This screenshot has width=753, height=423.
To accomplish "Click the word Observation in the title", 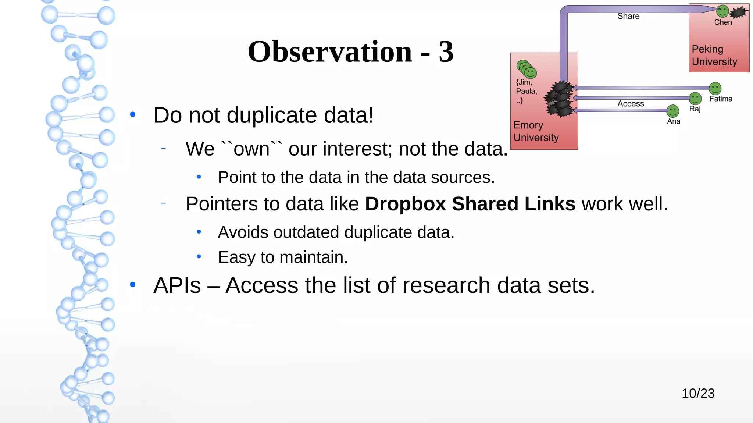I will pos(330,51).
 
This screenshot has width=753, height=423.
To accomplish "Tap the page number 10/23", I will pos(698,393).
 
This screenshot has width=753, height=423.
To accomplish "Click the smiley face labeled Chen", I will pos(722,11).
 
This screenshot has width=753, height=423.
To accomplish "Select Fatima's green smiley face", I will pos(715,88).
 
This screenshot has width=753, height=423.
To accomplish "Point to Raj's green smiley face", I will pos(695,98).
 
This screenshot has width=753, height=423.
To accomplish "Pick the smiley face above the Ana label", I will pos(673,111).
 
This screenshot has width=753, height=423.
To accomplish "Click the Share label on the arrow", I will pos(628,16).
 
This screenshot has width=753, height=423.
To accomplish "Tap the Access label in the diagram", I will pos(631,104).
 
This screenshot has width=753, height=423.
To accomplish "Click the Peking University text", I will pos(714,55).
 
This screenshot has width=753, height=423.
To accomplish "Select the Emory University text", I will pos(536,131).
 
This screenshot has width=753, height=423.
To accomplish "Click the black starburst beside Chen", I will pos(738,13).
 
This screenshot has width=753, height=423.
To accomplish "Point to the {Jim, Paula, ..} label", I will pos(526,91).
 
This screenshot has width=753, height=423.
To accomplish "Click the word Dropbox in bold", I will pos(405,204).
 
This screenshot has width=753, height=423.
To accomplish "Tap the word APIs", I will pos(177,285).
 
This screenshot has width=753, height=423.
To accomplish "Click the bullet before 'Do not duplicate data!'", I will pos(133,115).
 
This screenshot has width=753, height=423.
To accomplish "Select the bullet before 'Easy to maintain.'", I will pos(199,257).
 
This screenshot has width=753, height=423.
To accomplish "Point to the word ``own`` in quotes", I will pos(251,149).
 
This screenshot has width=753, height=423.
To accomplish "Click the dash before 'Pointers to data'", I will pos(164,203).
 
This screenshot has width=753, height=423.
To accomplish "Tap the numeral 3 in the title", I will pos(446,51).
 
